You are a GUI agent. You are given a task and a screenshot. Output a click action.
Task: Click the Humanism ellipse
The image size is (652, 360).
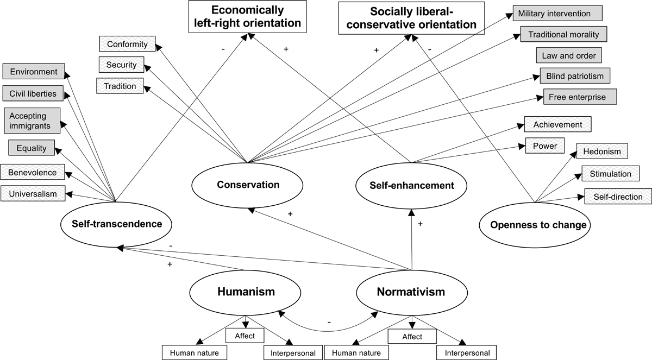click(x=246, y=292)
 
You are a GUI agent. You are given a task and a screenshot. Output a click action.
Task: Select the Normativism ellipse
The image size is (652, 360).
click(x=411, y=292)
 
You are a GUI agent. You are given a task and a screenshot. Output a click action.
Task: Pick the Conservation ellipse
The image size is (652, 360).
click(x=248, y=185)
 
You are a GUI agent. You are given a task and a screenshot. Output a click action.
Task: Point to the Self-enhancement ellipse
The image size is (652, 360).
click(x=412, y=186)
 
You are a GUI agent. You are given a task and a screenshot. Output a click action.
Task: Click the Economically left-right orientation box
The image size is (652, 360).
click(x=248, y=17)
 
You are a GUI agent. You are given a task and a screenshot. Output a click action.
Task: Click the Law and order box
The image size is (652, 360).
click(x=568, y=55)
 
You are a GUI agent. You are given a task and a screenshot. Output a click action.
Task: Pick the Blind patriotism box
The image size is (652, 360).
click(x=575, y=76)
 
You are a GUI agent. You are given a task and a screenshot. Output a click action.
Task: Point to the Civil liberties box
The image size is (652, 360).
click(x=33, y=93)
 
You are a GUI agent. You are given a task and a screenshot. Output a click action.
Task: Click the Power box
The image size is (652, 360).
click(x=545, y=146)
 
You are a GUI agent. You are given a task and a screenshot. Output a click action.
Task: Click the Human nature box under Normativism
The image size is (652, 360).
click(x=356, y=353)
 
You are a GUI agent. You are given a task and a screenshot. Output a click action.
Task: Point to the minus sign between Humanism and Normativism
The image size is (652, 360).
click(x=329, y=323)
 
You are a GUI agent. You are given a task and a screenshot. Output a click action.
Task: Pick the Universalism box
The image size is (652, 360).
click(x=33, y=193)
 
